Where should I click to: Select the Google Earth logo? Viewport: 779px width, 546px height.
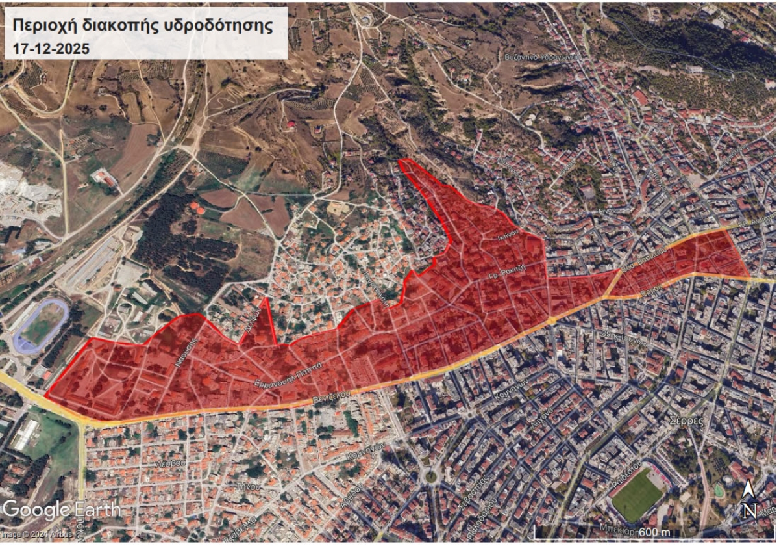(x=62, y=509)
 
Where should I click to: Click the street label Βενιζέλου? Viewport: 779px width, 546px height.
(x=332, y=395)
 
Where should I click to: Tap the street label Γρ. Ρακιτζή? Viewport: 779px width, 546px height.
(x=506, y=274)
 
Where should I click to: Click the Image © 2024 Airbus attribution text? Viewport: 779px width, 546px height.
(x=29, y=534)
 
